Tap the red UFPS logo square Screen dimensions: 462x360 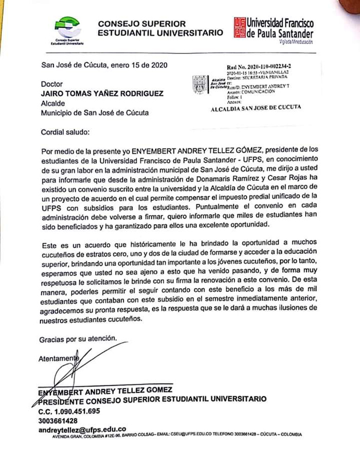pyautogui.click(x=240, y=27)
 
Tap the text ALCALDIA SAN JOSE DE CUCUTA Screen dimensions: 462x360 pyautogui.click(x=256, y=107)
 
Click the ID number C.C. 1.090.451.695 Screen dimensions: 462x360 pyautogui.click(x=69, y=411)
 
